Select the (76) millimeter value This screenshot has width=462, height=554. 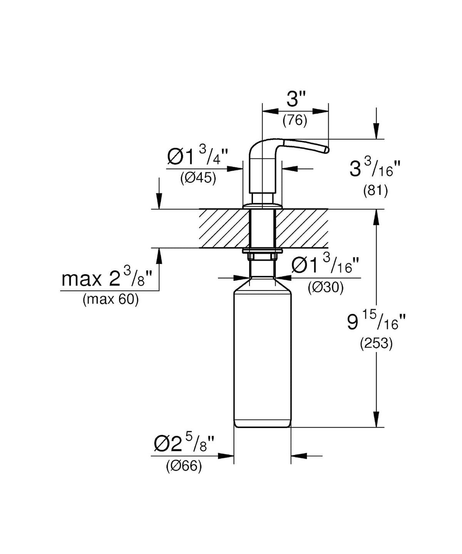(295, 120)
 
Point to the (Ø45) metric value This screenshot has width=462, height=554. (198, 178)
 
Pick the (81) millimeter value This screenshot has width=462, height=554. (375, 190)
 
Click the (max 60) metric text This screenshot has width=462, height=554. (110, 300)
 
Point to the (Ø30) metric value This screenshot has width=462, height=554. (326, 287)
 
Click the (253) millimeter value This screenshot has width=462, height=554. (376, 344)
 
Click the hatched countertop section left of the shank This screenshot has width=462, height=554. (224, 229)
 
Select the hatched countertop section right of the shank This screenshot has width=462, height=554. (302, 229)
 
